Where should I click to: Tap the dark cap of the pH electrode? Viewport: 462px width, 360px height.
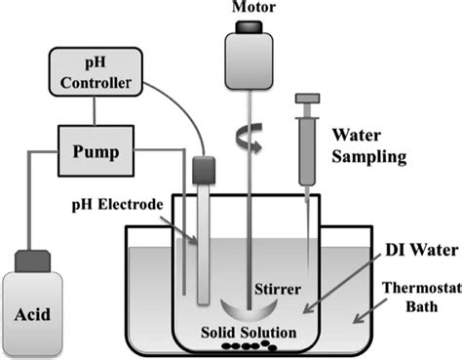(x=202, y=170)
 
